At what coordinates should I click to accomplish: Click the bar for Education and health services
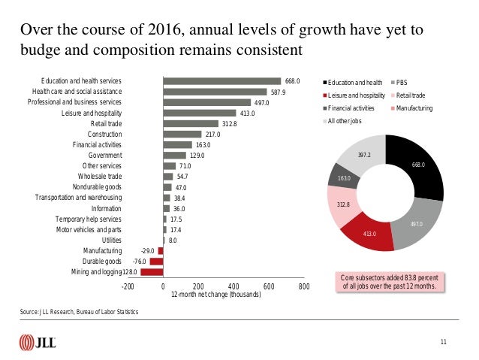[222, 81]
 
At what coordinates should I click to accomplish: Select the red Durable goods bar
[156, 261]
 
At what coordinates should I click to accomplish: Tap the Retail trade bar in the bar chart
[190, 123]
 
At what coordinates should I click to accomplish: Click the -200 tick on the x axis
[128, 286]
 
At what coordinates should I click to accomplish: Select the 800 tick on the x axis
[304, 286]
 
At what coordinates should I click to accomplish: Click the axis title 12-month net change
[216, 295]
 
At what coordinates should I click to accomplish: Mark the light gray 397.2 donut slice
[363, 155]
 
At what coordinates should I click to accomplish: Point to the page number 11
[444, 343]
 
